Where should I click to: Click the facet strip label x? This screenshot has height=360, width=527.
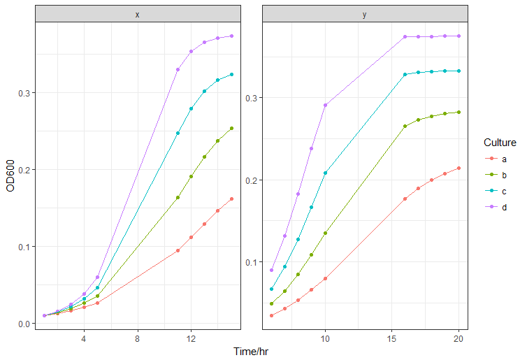[137, 14]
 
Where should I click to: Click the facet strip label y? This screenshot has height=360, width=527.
[365, 14]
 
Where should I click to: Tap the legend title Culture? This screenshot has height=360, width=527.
[500, 143]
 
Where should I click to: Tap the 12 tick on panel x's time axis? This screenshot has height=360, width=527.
[191, 339]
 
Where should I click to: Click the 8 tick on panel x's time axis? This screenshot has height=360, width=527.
[138, 339]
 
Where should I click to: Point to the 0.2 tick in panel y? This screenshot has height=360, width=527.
[250, 180]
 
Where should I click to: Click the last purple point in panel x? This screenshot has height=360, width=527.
[231, 36]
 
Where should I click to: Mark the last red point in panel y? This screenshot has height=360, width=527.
[459, 168]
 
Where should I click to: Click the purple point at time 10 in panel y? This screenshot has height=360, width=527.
[325, 105]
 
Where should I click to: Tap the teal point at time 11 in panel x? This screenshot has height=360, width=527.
[178, 133]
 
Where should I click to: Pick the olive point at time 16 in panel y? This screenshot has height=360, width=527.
[405, 126]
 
